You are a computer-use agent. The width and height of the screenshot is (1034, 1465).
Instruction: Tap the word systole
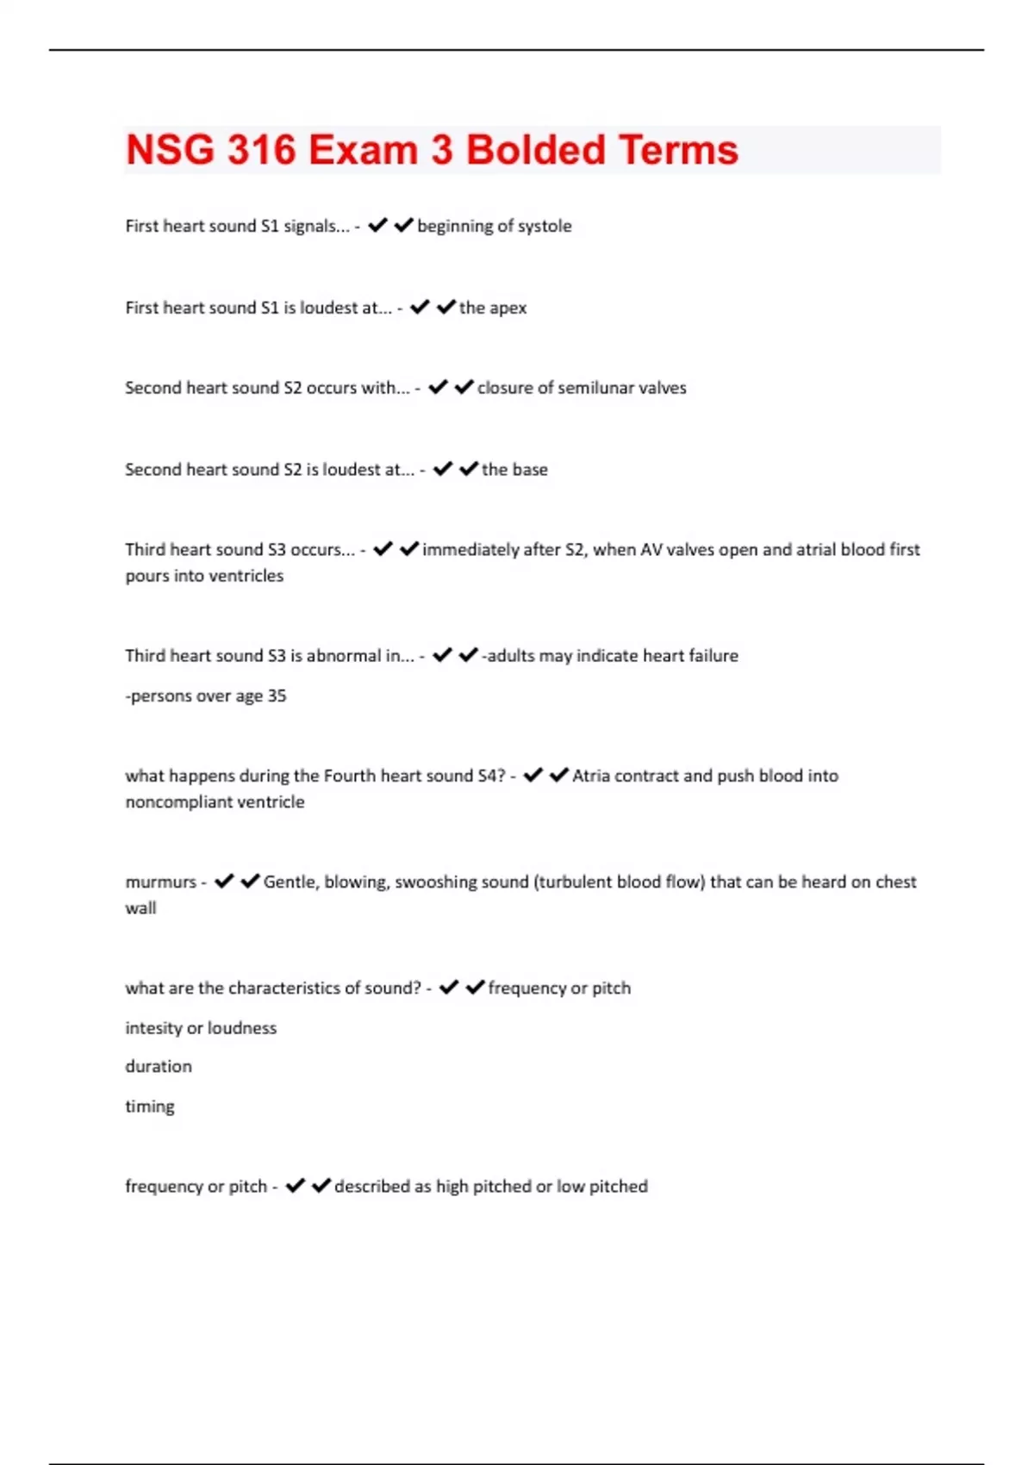(x=545, y=226)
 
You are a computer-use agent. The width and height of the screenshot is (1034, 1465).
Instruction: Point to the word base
(x=530, y=470)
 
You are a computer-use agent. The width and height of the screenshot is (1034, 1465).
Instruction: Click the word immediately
(x=471, y=550)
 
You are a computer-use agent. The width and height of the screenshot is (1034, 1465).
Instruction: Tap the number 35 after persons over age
(x=277, y=695)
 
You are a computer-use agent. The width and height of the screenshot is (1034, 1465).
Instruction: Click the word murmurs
(x=160, y=882)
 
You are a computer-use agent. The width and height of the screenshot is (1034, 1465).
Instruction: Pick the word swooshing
(x=435, y=882)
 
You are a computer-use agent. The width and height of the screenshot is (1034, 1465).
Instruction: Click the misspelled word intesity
(x=151, y=1028)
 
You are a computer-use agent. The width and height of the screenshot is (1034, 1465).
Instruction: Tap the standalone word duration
(x=159, y=1067)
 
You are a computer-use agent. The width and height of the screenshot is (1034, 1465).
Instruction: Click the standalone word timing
(x=150, y=1107)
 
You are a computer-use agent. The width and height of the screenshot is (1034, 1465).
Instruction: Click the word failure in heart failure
(x=713, y=656)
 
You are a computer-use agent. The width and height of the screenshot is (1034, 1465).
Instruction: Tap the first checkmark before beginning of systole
(x=377, y=226)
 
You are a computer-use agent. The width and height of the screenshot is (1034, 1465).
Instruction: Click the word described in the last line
(x=371, y=1187)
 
